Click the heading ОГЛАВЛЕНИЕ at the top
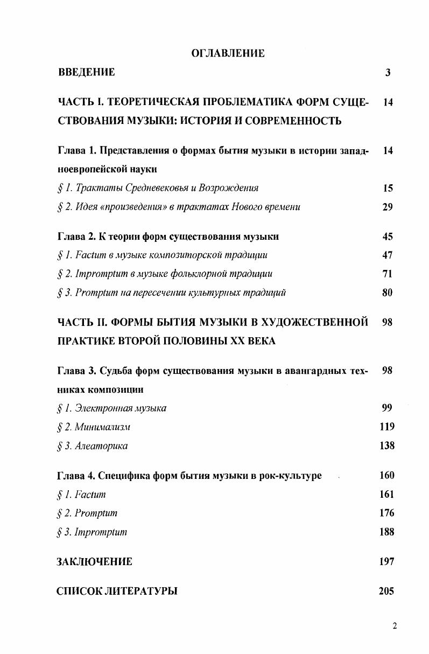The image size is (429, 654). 228,53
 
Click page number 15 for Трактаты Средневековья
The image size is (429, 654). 388,188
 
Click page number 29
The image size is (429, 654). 388,207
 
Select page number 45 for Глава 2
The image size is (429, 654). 388,236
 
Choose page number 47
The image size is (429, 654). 388,255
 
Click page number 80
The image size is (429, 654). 388,293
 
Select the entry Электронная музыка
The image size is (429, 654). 119,408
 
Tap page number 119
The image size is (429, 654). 386,427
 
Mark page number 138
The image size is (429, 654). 386,446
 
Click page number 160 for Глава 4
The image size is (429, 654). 386,476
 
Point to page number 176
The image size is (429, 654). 386,513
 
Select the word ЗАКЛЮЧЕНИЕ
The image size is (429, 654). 94,562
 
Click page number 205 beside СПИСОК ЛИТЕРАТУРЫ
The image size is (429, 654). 386,592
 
